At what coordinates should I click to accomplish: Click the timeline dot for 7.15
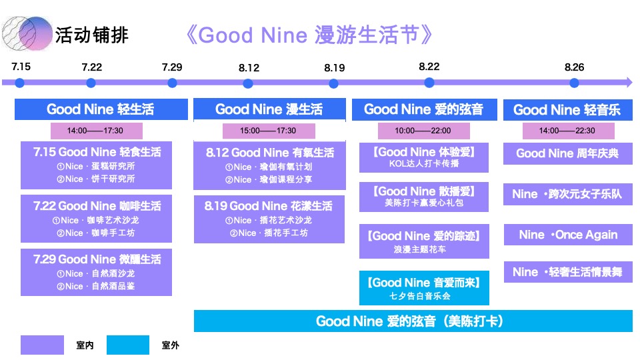pyautogui.click(x=20, y=83)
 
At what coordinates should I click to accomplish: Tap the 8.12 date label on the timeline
pyautogui.click(x=249, y=68)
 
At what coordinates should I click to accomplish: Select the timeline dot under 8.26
pyautogui.click(x=574, y=83)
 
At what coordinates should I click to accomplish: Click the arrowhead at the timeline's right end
pyautogui.click(x=627, y=83)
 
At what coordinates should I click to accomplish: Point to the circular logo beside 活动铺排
pyautogui.click(x=27, y=33)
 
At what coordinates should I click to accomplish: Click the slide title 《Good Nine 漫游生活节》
pyautogui.click(x=310, y=35)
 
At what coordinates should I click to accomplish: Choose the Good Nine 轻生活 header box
pyautogui.click(x=100, y=109)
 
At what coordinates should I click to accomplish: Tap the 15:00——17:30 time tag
pyautogui.click(x=268, y=131)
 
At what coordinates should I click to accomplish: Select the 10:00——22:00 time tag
pyautogui.click(x=423, y=131)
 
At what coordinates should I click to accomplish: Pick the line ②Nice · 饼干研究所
pyautogui.click(x=95, y=179)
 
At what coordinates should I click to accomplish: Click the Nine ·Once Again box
pyautogui.click(x=568, y=235)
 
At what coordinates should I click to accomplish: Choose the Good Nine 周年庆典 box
pyautogui.click(x=567, y=153)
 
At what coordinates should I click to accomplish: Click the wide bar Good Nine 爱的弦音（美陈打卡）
pyautogui.click(x=413, y=321)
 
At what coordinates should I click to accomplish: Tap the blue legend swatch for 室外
pyautogui.click(x=127, y=345)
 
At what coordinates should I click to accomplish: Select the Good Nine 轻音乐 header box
pyautogui.click(x=567, y=109)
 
